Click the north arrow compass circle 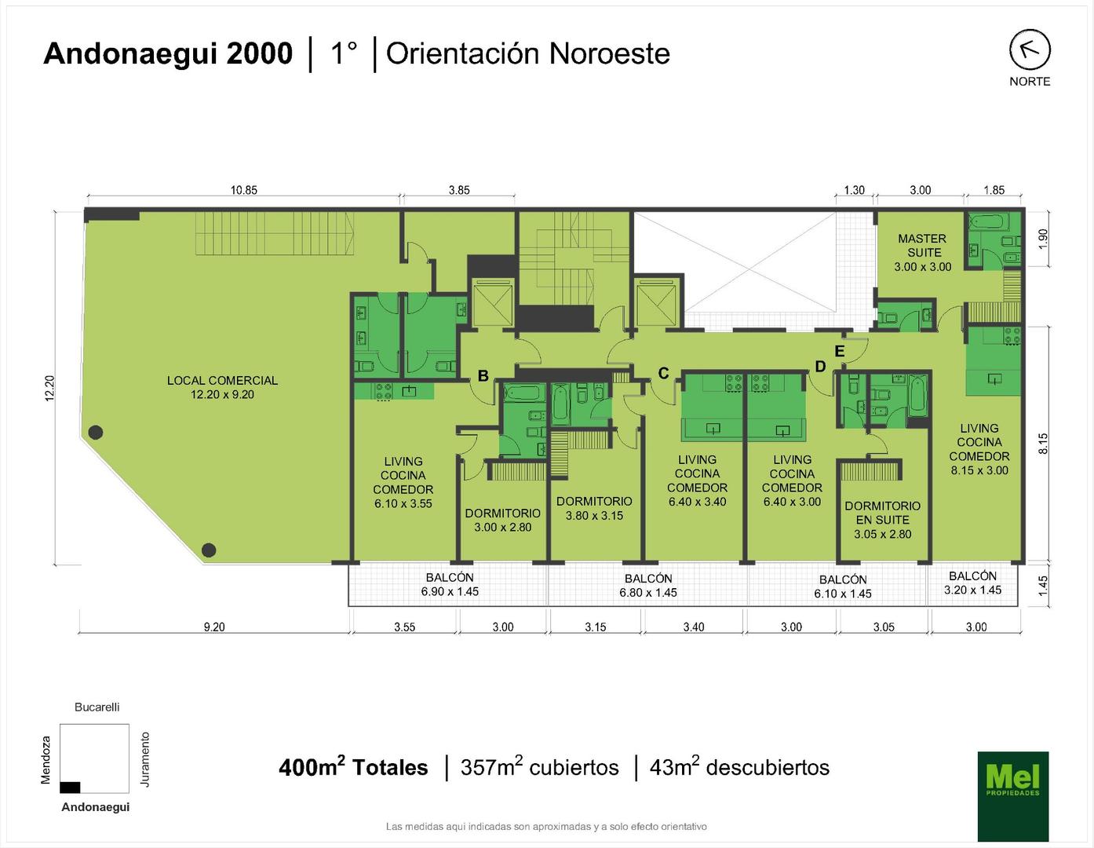[x=1030, y=49]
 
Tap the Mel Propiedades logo [x=1013, y=795]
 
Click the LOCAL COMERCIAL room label [x=222, y=387]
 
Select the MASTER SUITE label [x=923, y=252]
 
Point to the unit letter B [x=483, y=375]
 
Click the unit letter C [x=664, y=373]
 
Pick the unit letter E [x=839, y=351]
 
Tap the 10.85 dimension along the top [x=243, y=190]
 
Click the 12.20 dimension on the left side [x=49, y=388]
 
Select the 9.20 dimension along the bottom [x=214, y=627]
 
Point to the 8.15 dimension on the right [x=1043, y=444]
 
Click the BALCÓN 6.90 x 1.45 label [x=450, y=585]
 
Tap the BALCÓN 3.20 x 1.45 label [x=972, y=583]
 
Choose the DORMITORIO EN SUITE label [x=883, y=520]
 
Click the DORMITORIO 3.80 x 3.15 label [x=594, y=509]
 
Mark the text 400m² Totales [x=353, y=767]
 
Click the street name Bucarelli [x=97, y=707]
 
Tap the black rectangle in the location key [x=70, y=787]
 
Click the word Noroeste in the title [x=610, y=53]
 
